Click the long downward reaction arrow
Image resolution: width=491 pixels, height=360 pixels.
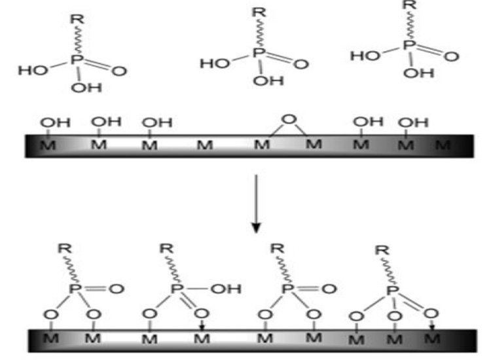tap(257, 204)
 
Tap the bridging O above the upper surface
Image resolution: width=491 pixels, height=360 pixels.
tap(289, 119)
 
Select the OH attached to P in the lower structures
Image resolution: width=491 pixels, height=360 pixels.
tap(226, 289)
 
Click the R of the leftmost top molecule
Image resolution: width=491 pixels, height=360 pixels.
tap(77, 20)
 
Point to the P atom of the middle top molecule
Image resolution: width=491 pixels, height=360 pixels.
tap(259, 52)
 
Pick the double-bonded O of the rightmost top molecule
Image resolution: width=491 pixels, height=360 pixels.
tap(451, 56)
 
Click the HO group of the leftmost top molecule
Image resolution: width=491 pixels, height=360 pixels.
tap(33, 71)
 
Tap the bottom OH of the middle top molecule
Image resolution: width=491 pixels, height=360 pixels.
tap(268, 81)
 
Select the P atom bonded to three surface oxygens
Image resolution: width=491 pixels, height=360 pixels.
tap(392, 291)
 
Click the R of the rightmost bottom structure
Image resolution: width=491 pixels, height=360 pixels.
tap(382, 251)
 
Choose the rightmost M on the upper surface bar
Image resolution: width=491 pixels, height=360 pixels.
tap(443, 145)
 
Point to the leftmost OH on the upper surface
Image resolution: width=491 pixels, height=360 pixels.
tap(55, 122)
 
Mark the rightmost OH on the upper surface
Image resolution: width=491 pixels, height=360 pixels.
tap(413, 122)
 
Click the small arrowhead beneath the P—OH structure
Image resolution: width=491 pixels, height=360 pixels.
tap(202, 327)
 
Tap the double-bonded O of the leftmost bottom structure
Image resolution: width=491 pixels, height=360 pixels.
tap(117, 289)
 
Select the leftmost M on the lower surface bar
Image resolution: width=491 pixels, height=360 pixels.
tap(50, 338)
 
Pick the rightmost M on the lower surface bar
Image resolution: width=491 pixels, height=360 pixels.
tap(433, 338)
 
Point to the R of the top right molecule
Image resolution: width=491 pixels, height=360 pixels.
tap(410, 5)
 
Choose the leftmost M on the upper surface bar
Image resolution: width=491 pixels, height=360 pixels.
tap(48, 145)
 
